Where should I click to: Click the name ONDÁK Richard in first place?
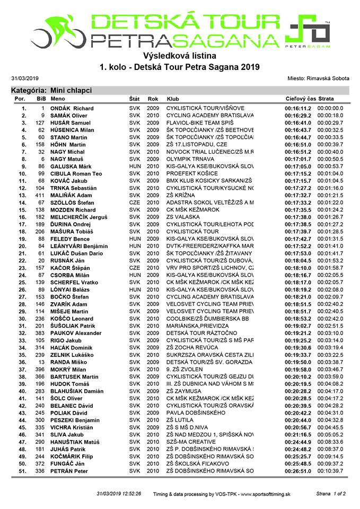pos(72,108)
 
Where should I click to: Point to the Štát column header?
pos(135,99)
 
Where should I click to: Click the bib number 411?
pos(39,195)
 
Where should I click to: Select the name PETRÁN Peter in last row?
pos(69,471)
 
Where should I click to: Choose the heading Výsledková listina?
pos(180,55)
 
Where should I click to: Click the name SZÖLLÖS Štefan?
pos(73,203)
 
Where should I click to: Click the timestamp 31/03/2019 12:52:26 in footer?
pos(119,494)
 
